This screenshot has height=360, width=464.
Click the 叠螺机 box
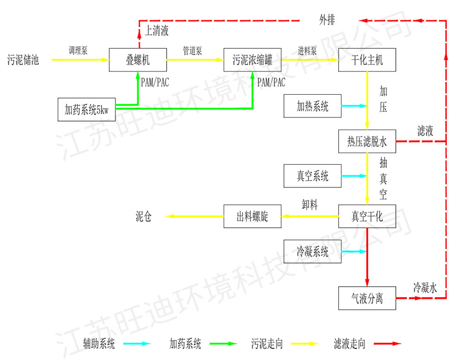138,60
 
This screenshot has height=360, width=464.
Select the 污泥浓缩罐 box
252,60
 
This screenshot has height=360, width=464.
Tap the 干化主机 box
367,60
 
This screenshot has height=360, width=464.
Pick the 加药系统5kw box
86,109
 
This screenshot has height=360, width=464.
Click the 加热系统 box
312,106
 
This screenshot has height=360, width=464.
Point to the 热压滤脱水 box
367,141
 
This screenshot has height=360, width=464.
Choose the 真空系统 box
312,176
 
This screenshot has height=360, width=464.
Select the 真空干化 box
367,216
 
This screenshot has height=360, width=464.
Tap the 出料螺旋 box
252,216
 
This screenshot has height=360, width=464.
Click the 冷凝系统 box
312,251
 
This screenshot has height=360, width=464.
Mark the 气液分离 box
367,298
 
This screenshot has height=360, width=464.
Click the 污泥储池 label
23,60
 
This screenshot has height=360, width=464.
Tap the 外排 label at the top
327,20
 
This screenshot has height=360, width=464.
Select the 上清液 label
156,32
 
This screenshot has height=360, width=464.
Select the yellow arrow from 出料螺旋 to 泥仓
195,216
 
